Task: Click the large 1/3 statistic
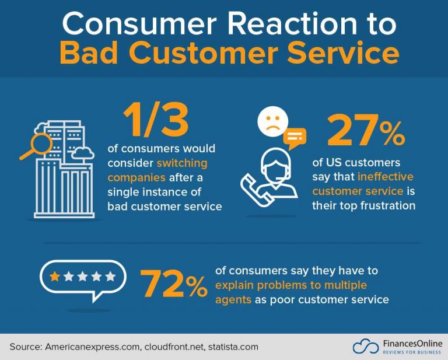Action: click(x=155, y=121)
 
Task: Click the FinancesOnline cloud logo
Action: click(x=365, y=347)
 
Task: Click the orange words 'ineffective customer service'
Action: click(x=362, y=184)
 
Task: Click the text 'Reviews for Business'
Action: click(x=412, y=352)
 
